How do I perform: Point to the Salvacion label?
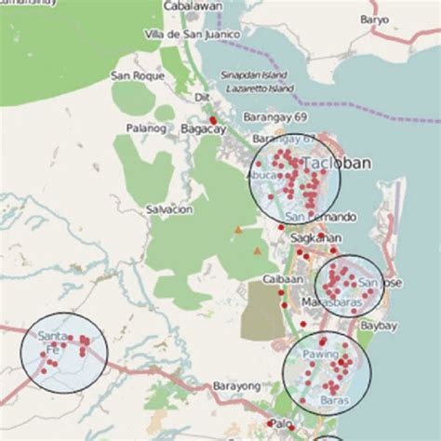(169, 209)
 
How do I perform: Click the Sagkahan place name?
(312, 237)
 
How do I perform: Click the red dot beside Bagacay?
(213, 120)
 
